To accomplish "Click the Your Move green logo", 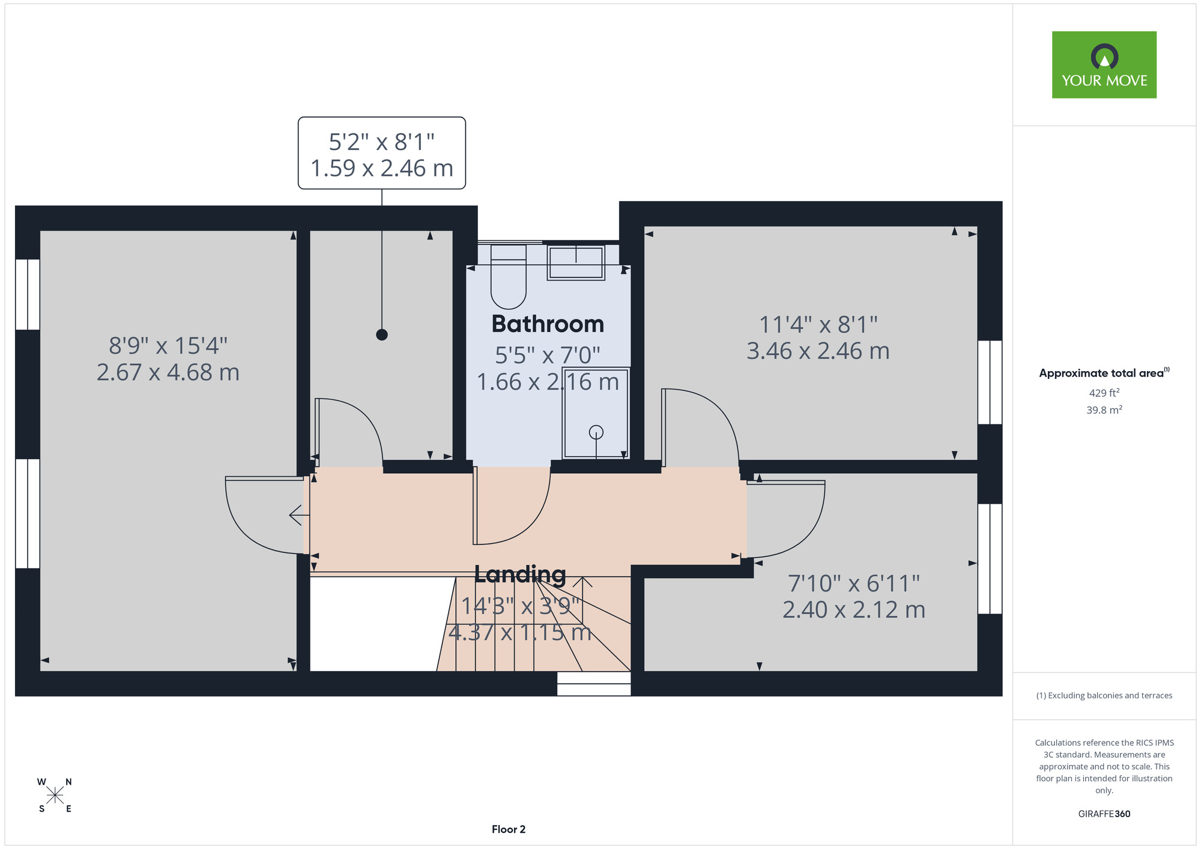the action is coord(1104,65).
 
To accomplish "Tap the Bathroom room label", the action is coord(548,324).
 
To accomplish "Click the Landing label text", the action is coord(520,575).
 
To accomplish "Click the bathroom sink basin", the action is coord(576,262).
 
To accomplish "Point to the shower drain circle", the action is coord(596,432).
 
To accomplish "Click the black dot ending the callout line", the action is coord(382,334).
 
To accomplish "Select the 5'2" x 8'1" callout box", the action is coord(382,153).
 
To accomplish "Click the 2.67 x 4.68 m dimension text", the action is coord(168,372).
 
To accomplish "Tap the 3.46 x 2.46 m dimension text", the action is coord(818,351).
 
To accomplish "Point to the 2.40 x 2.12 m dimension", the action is coord(854,609).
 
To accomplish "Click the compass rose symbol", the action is coord(55,796).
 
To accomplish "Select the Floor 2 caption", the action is coord(509,829).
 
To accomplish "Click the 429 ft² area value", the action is coord(1104,393).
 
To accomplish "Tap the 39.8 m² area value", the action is coord(1104,410).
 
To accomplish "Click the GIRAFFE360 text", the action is coord(1104,814).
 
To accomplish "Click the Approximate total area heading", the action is coord(1104,373).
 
